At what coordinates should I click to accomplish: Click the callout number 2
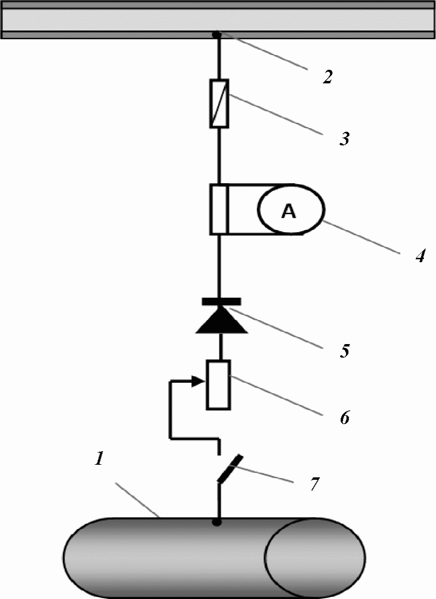[327, 77]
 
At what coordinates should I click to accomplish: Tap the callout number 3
[344, 139]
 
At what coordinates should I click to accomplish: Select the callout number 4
[420, 256]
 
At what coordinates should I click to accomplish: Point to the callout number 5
[345, 350]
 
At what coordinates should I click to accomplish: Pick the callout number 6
[345, 417]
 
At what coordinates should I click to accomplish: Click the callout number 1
[99, 458]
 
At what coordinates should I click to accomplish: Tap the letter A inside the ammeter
[289, 211]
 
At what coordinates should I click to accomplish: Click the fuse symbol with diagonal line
[219, 104]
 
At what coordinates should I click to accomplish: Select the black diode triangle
[221, 320]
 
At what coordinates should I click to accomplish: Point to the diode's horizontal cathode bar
[221, 301]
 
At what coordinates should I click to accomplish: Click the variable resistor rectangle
[218, 385]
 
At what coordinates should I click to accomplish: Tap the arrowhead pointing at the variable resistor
[198, 381]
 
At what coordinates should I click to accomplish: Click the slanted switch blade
[230, 469]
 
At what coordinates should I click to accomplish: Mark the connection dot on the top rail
[217, 34]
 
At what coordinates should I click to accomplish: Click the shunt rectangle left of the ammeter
[219, 209]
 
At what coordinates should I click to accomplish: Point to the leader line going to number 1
[137, 500]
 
